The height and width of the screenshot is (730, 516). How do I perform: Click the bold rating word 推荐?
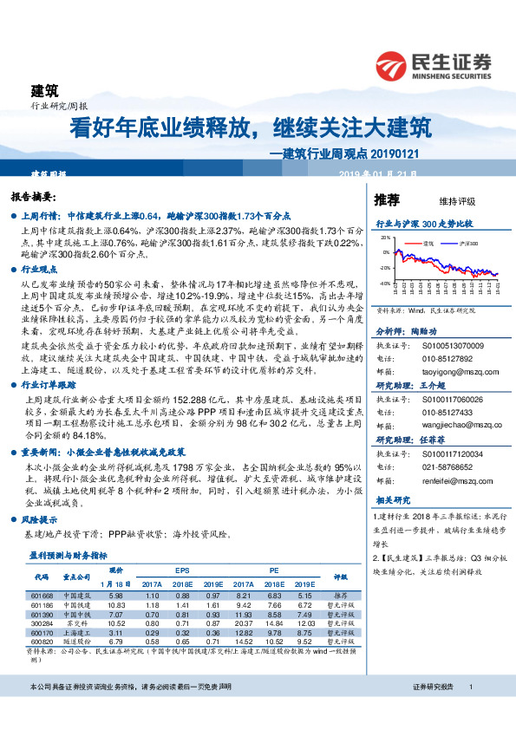(387, 200)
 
